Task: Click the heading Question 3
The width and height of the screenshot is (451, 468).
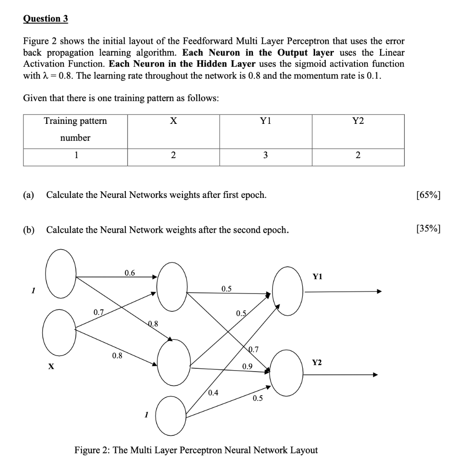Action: click(x=45, y=19)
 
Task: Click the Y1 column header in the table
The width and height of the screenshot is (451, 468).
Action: click(x=266, y=121)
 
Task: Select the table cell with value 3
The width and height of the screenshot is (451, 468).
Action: click(x=266, y=155)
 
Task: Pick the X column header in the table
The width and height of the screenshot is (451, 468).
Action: click(x=173, y=121)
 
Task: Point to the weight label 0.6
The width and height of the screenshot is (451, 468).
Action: click(x=130, y=273)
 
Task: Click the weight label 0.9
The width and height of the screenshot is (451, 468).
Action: click(x=247, y=366)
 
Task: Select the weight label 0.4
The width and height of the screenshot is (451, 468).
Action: click(x=213, y=393)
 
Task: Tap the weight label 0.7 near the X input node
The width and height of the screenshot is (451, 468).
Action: click(x=98, y=313)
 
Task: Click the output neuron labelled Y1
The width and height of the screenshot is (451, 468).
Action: click(x=288, y=291)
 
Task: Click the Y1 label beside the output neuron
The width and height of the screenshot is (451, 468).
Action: click(x=317, y=277)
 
